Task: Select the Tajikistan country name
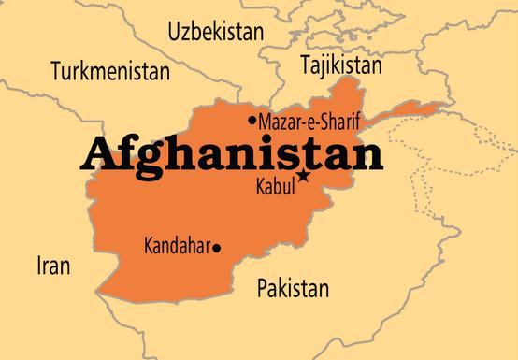(x=340, y=65)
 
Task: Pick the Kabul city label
(x=275, y=186)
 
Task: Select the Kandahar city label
(x=178, y=248)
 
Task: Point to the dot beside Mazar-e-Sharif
(x=252, y=121)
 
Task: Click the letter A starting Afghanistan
(x=99, y=151)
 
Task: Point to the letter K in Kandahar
(x=150, y=248)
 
